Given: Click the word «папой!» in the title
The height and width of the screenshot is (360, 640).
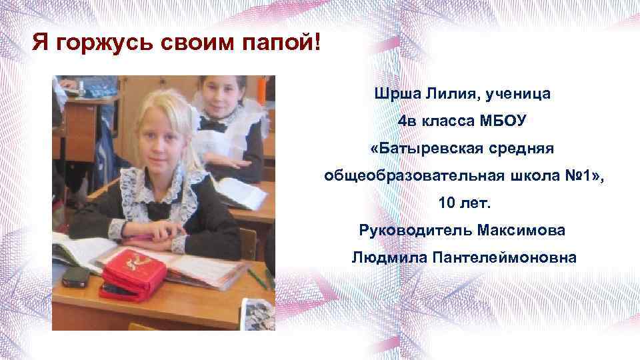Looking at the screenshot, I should [282, 45].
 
